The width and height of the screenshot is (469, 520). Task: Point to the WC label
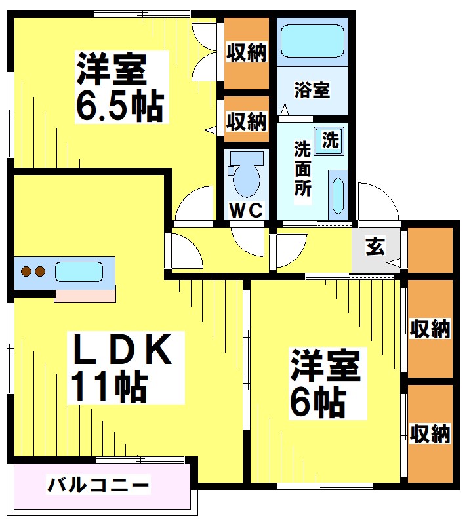247,210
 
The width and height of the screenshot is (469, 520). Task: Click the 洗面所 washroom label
302,169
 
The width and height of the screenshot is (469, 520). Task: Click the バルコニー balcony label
98,487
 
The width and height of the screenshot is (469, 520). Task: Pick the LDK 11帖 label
121,367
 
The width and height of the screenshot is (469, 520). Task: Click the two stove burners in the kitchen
33,271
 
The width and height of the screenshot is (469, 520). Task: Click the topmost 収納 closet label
247,52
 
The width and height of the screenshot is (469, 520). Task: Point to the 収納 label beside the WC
247,121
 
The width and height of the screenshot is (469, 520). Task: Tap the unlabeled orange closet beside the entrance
430,249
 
